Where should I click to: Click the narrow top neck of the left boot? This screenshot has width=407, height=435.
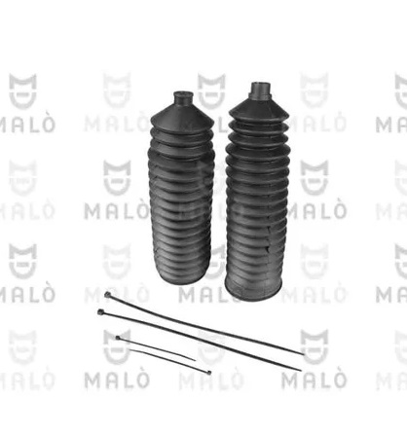pyautogui.click(x=183, y=97)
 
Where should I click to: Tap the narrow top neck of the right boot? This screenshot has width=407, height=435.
pyautogui.click(x=261, y=90)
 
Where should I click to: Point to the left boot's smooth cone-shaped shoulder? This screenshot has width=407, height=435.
pyautogui.click(x=183, y=116)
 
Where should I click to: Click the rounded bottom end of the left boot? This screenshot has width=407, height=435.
pyautogui.click(x=180, y=274)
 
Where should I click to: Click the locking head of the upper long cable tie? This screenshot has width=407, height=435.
pyautogui.click(x=108, y=295)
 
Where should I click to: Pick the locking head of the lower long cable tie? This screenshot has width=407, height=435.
pyautogui.click(x=101, y=311)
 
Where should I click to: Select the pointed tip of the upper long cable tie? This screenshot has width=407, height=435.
pyautogui.click(x=302, y=353)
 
